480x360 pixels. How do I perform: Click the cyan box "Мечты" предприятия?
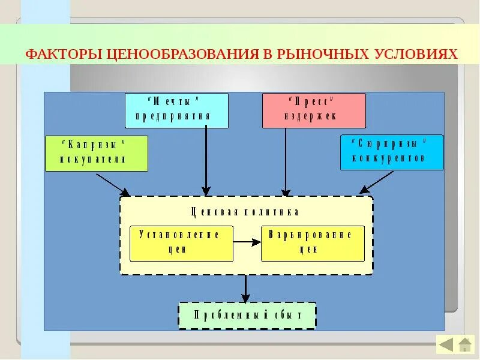point(176,110)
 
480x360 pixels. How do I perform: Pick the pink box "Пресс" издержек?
point(314,110)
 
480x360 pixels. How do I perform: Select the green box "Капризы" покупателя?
point(96,154)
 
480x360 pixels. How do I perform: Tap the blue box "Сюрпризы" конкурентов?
point(392,152)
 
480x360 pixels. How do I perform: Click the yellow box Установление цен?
point(181,243)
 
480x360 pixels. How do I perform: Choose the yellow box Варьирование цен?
point(313,243)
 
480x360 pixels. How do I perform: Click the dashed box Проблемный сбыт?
point(247,315)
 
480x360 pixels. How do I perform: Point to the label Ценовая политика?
point(245,212)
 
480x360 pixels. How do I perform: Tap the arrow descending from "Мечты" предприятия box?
point(206,162)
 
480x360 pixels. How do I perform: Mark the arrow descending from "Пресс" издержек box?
point(286,162)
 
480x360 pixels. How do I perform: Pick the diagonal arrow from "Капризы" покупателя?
point(113,184)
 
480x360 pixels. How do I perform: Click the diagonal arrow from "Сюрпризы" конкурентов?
point(377,182)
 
